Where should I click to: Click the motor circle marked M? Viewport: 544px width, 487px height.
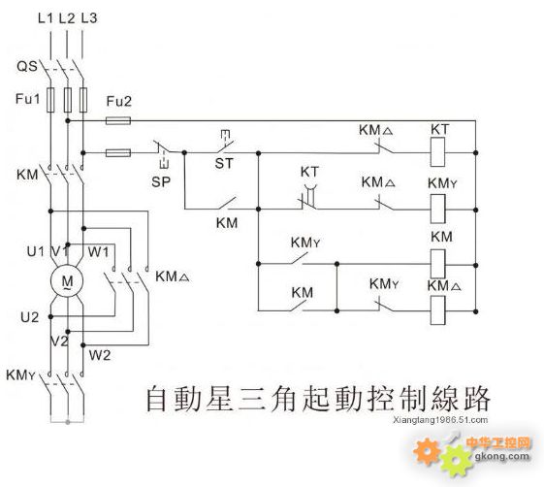click(67, 280)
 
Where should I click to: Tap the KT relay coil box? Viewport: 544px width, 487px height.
click(437, 152)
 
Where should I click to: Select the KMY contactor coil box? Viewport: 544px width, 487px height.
click(437, 209)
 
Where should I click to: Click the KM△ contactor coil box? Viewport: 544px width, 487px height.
click(437, 310)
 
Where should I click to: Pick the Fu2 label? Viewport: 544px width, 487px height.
click(119, 101)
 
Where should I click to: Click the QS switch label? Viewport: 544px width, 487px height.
click(27, 66)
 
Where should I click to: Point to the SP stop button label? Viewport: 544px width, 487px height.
click(161, 181)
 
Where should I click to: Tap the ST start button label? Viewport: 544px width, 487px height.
click(224, 163)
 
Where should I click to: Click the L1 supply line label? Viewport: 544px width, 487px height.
click(46, 18)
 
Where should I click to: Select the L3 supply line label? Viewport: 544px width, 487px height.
click(89, 18)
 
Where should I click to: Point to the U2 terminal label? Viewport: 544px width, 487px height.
click(29, 317)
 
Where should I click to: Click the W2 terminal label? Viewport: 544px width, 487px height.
click(100, 355)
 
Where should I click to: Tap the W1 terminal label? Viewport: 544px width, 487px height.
click(98, 251)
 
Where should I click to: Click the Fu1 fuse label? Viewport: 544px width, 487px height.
click(28, 99)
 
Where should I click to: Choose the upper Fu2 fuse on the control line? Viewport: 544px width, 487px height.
click(118, 120)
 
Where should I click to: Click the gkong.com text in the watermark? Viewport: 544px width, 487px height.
click(502, 456)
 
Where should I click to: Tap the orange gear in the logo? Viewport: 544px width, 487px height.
click(427, 451)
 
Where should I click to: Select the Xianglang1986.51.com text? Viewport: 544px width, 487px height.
click(440, 420)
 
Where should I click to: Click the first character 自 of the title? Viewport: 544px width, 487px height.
click(155, 399)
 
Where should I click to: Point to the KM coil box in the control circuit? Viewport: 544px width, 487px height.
click(437, 264)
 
